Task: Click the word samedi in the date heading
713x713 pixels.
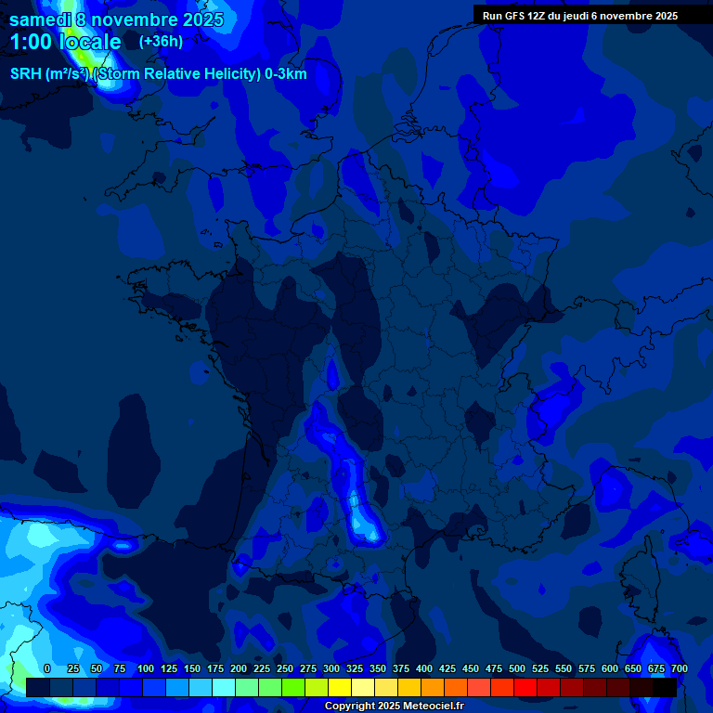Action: coord(40,19)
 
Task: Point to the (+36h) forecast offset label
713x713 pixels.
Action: coord(161,42)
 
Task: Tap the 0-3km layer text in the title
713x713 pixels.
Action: coord(285,74)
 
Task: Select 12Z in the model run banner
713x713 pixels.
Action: coord(539,16)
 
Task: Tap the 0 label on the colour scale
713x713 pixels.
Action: coord(47,668)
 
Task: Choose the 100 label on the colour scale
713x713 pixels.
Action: coord(146,668)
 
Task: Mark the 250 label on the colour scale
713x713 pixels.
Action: coord(285,668)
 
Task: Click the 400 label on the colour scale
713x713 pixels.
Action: coord(424,668)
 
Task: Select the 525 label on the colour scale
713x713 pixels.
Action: coord(540,668)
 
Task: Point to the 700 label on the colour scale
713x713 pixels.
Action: coord(679,668)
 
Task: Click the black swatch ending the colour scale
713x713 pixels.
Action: coord(665,687)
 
